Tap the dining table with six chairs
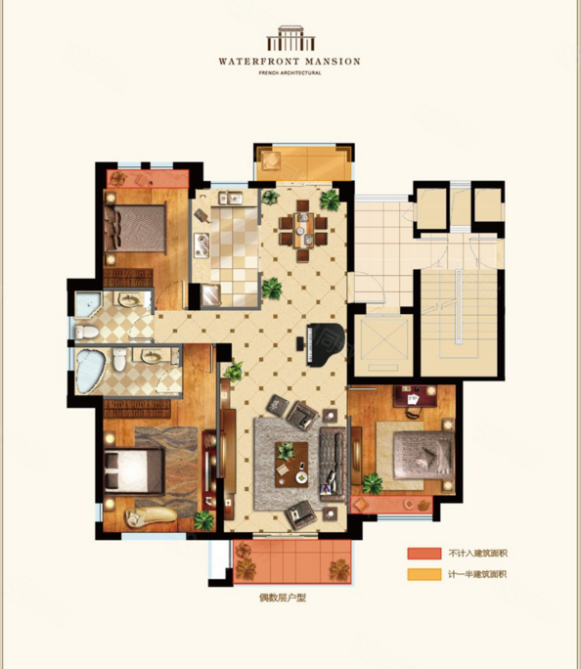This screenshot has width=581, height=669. tap(303, 231)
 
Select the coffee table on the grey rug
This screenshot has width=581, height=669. tap(291, 465)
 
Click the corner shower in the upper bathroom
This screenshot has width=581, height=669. tap(87, 305)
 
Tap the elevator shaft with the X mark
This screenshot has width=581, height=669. tap(383, 345)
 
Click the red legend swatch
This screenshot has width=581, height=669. tap(425, 554)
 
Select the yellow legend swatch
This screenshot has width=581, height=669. tap(425, 574)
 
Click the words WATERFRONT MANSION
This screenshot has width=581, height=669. tap(290, 62)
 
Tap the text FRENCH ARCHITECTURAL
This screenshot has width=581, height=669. tap(290, 73)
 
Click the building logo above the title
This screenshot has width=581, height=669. tap(290, 38)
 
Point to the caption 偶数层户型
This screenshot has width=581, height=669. tap(283, 598)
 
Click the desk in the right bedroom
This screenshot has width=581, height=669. tap(415, 396)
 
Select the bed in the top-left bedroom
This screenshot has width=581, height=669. tap(135, 229)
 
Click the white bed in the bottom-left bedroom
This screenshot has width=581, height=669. tap(134, 470)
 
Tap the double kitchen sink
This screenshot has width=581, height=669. tap(231, 198)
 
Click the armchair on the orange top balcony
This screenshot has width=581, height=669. tap(271, 160)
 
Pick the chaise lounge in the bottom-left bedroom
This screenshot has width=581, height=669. tap(151, 515)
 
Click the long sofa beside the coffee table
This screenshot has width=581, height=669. tap(333, 464)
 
